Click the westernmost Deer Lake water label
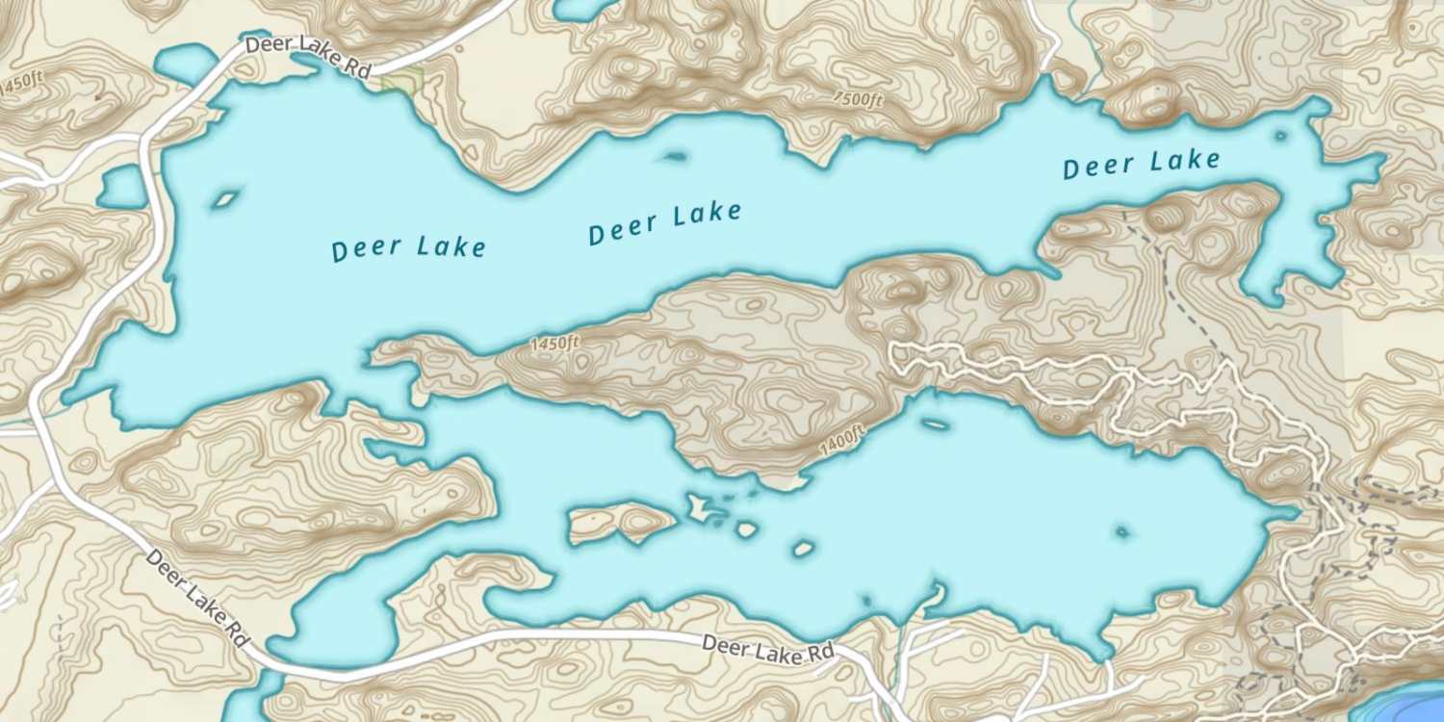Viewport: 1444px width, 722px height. [x=409, y=248]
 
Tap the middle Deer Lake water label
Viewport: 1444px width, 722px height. [x=664, y=222]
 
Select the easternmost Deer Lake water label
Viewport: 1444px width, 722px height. [x=1141, y=164]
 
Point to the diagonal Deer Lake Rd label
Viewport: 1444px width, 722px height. [x=198, y=598]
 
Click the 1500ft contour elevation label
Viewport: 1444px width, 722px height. [x=859, y=99]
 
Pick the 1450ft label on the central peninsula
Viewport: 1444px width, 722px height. [x=554, y=343]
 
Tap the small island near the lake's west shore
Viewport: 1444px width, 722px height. [x=225, y=199]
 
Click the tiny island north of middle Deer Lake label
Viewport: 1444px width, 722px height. [x=676, y=155]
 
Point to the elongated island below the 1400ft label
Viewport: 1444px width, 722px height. [x=934, y=423]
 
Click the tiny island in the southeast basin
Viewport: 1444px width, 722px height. [x=1122, y=530]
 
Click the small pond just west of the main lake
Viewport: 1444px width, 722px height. [x=121, y=187]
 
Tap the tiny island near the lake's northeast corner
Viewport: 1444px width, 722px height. [x=1280, y=136]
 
